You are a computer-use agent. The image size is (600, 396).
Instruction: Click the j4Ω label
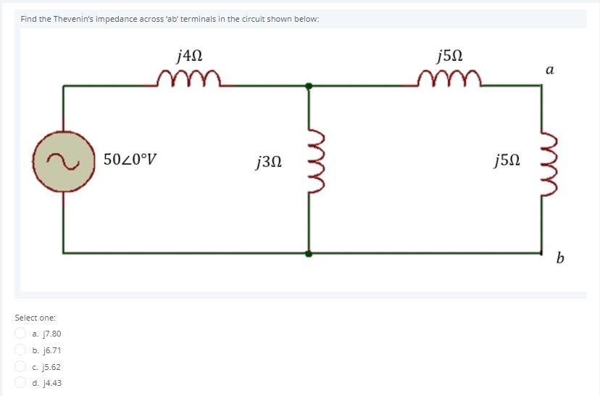(189, 54)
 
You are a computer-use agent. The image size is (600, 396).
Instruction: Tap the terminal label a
(549, 70)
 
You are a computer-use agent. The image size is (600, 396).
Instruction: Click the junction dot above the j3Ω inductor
(309, 86)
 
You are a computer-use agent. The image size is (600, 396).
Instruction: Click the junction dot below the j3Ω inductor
(309, 254)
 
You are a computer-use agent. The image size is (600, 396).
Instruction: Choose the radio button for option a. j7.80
(21, 334)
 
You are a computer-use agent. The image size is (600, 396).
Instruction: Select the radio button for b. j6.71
(21, 350)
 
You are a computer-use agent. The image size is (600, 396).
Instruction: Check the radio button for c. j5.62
(21, 367)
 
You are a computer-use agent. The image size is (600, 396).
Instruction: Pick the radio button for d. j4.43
(21, 383)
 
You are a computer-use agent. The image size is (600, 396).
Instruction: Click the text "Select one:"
(36, 318)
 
